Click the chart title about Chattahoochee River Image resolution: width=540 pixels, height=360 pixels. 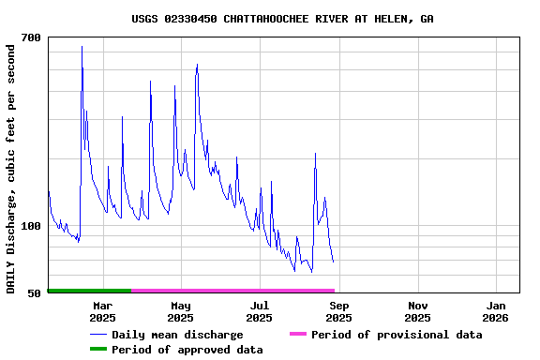tap(282, 19)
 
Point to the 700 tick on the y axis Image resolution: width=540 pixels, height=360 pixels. tap(31, 37)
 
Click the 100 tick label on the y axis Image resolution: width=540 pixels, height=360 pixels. tap(31, 226)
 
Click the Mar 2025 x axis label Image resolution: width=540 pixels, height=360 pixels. tap(102, 311)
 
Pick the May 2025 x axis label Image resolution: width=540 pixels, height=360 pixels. tap(181, 311)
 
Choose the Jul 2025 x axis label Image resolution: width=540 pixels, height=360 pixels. tap(260, 311)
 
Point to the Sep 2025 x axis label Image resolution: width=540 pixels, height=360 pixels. tap(339, 311)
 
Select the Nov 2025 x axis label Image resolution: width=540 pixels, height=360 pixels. tap(418, 311)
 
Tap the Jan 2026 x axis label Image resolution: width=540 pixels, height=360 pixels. tap(496, 311)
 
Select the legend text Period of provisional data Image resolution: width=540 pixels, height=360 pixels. tap(397, 335)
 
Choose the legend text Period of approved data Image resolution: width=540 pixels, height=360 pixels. tap(187, 350)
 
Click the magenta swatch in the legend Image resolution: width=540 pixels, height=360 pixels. tap(298, 334)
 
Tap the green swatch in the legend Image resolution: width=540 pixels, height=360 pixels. tap(98, 349)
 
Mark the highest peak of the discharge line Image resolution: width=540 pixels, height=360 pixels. tap(82, 47)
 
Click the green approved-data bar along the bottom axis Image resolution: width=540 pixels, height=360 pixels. tap(89, 291)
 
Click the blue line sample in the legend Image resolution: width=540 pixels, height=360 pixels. tap(98, 335)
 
